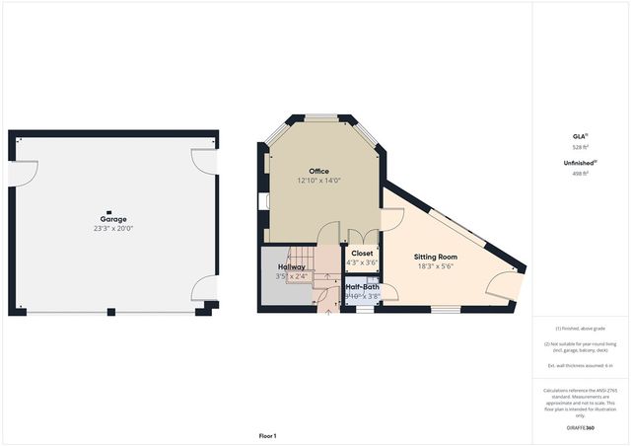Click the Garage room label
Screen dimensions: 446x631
click(112, 219)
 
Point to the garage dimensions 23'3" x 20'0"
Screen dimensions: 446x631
click(112, 229)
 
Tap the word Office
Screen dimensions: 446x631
click(318, 171)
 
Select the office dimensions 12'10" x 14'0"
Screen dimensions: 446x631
click(318, 181)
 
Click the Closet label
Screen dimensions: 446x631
click(362, 253)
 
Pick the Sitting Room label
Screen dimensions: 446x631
click(436, 256)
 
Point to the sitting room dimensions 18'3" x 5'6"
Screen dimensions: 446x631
click(436, 265)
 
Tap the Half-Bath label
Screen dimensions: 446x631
click(363, 287)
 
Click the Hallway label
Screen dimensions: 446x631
click(291, 267)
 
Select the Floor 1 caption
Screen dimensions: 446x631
click(267, 435)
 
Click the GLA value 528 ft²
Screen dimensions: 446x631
click(580, 147)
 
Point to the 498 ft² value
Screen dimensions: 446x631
click(580, 174)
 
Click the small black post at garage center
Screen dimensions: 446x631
click(111, 211)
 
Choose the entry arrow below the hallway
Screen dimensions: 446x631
click(327, 314)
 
